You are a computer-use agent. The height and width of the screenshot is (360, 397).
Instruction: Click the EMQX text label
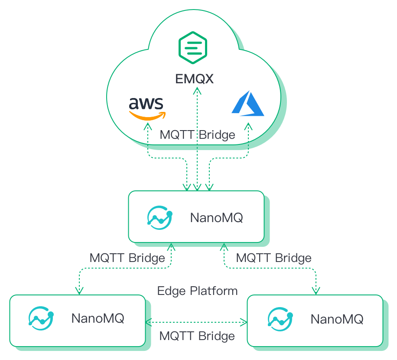(195, 79)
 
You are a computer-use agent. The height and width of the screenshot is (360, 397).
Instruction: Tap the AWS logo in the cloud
(147, 108)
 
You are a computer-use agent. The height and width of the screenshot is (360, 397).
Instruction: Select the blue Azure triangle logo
(248, 104)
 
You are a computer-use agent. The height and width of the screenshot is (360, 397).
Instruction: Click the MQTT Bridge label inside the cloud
(197, 135)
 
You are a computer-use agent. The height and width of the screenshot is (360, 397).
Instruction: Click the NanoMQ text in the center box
(216, 217)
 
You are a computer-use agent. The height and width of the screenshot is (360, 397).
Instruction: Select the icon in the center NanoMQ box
(159, 217)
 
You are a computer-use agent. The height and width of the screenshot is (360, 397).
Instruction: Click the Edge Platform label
(197, 291)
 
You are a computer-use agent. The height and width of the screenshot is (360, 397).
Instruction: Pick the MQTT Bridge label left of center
(127, 258)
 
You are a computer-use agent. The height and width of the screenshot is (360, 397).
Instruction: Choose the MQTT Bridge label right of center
(273, 258)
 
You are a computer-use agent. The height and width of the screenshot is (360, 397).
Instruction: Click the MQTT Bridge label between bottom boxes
(197, 336)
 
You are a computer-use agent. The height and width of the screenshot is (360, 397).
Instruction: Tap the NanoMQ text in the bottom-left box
(98, 318)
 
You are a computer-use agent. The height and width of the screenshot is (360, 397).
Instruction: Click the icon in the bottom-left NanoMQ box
(41, 319)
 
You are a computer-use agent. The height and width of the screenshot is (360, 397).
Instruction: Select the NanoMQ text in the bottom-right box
(337, 319)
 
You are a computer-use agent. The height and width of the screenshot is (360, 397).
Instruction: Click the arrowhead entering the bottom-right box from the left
(244, 322)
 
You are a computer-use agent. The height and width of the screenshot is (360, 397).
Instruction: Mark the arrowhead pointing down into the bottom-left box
(79, 291)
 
